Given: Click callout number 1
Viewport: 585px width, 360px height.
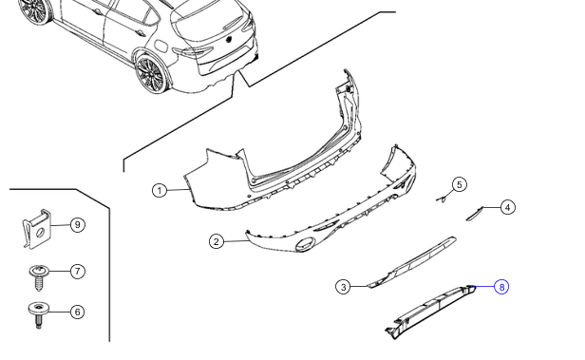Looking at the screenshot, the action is (x=160, y=190).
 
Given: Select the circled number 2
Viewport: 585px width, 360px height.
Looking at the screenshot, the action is (x=217, y=241).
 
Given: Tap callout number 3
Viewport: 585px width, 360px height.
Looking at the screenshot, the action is (x=343, y=285).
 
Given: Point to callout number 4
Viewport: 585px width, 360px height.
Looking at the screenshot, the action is (x=508, y=207).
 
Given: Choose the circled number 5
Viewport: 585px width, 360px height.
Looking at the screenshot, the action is (x=460, y=184).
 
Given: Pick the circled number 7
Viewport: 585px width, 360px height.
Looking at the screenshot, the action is (x=78, y=272).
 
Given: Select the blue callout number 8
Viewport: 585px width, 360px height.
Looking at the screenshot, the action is (x=501, y=286).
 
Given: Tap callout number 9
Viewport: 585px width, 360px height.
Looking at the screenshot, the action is (x=78, y=225).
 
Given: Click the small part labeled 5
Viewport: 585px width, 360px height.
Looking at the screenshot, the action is (x=443, y=197).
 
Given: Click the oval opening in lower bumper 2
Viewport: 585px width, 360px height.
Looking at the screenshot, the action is (x=307, y=247).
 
